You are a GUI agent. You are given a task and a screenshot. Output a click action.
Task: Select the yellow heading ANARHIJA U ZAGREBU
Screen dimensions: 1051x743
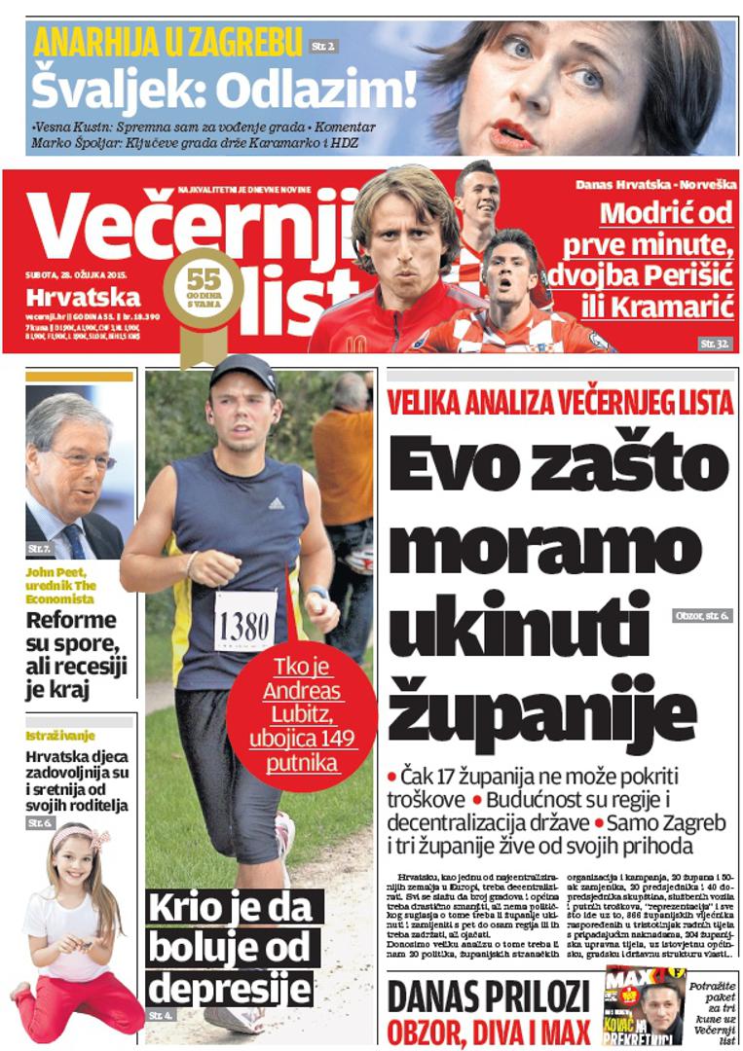pyautogui.click(x=167, y=44)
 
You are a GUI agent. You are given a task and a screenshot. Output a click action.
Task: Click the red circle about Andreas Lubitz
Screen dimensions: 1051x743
pyautogui.click(x=304, y=726)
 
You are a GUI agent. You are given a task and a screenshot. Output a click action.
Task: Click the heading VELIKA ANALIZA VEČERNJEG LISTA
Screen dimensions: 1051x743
pyautogui.click(x=560, y=402)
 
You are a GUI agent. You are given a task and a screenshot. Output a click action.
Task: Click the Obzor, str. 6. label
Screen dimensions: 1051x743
pyautogui.click(x=701, y=616)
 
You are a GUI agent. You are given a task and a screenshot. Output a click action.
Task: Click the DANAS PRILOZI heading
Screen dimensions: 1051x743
pyautogui.click(x=488, y=997)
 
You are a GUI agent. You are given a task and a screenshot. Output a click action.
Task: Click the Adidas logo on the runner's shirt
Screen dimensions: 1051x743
pyautogui.click(x=277, y=503)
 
